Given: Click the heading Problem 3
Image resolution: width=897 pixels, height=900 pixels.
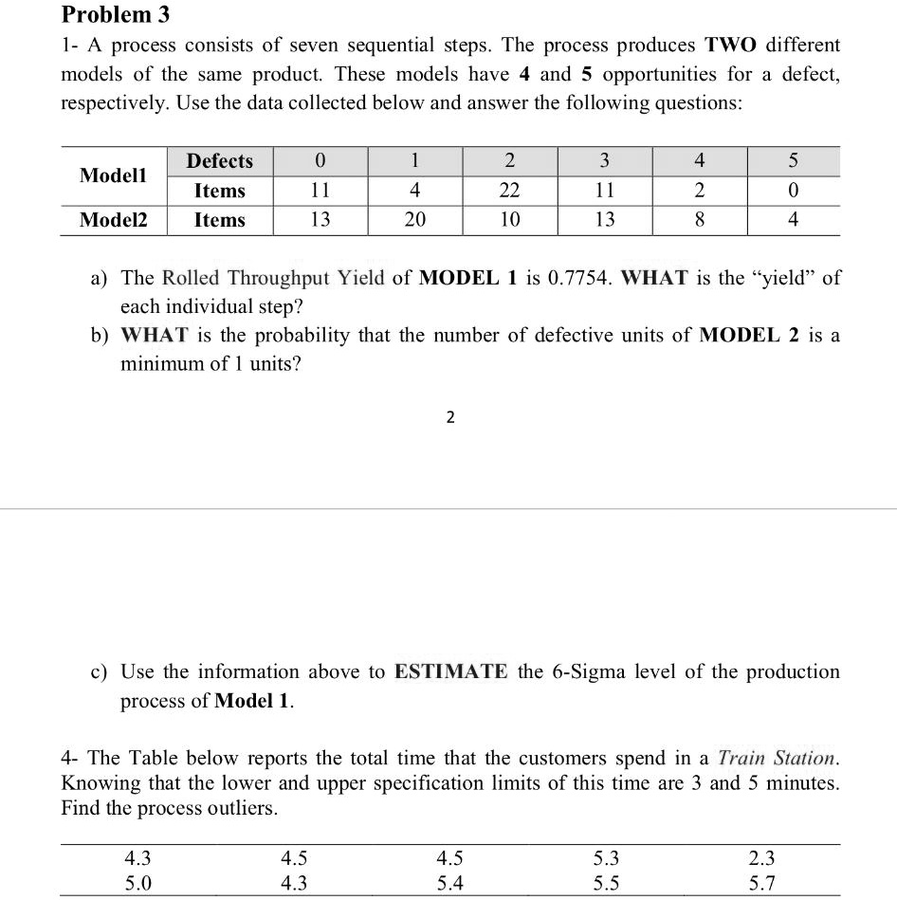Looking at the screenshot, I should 106,15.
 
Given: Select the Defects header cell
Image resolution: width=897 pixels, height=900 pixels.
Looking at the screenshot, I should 219,161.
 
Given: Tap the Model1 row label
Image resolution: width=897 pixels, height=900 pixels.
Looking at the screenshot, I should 114,175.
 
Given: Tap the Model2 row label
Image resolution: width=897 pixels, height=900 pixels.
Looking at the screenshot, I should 114,220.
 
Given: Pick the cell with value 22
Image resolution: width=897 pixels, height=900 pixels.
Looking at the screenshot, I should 510,191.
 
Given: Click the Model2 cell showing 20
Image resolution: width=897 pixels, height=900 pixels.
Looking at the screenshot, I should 415,220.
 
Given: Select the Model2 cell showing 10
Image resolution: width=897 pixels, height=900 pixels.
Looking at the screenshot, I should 510,220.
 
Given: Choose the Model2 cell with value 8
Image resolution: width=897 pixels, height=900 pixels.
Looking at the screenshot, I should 700,220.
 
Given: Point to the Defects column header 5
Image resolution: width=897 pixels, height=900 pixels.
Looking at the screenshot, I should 794,161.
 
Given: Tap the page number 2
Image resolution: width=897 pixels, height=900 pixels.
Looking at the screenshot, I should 449,417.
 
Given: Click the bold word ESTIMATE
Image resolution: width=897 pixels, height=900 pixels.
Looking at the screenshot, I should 451,672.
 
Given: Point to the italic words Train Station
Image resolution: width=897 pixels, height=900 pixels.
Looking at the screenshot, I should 778,759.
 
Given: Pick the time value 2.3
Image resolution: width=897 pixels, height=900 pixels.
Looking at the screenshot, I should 761,859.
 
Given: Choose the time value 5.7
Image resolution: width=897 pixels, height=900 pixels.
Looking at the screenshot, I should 761,884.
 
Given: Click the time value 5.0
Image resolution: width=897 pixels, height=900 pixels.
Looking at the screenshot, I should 138,884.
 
